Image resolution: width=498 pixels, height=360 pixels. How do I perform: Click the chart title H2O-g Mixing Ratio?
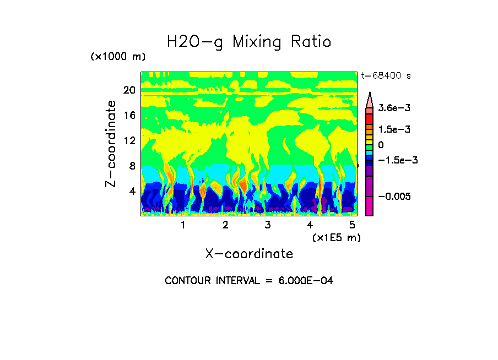tap(249, 42)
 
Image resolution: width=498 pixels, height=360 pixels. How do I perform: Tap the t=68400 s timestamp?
tap(386, 75)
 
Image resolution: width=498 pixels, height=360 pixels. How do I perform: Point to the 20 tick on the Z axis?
tap(129, 90)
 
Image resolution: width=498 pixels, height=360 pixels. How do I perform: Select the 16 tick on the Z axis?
tap(129, 116)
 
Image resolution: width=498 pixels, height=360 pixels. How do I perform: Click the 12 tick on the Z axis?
tap(129, 141)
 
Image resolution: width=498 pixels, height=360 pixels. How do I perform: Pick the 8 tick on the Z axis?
tap(131, 166)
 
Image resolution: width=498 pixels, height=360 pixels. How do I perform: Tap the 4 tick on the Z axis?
tap(131, 191)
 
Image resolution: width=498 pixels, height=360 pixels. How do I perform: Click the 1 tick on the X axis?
tap(183, 225)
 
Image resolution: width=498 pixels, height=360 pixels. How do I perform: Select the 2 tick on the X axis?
tap(225, 225)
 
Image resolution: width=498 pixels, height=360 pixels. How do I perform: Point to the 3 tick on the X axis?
tap(267, 225)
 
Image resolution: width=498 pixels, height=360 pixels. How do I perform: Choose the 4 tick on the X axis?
tap(310, 225)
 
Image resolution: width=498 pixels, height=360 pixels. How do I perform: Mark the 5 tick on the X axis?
tap(351, 225)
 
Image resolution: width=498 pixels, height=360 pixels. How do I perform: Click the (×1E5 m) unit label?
tap(336, 238)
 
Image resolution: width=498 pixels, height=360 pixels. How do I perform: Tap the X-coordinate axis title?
tap(249, 254)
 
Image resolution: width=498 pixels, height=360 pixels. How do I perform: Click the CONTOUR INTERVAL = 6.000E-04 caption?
tap(249, 281)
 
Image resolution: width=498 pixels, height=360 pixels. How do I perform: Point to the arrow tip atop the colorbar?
tap(370, 94)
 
